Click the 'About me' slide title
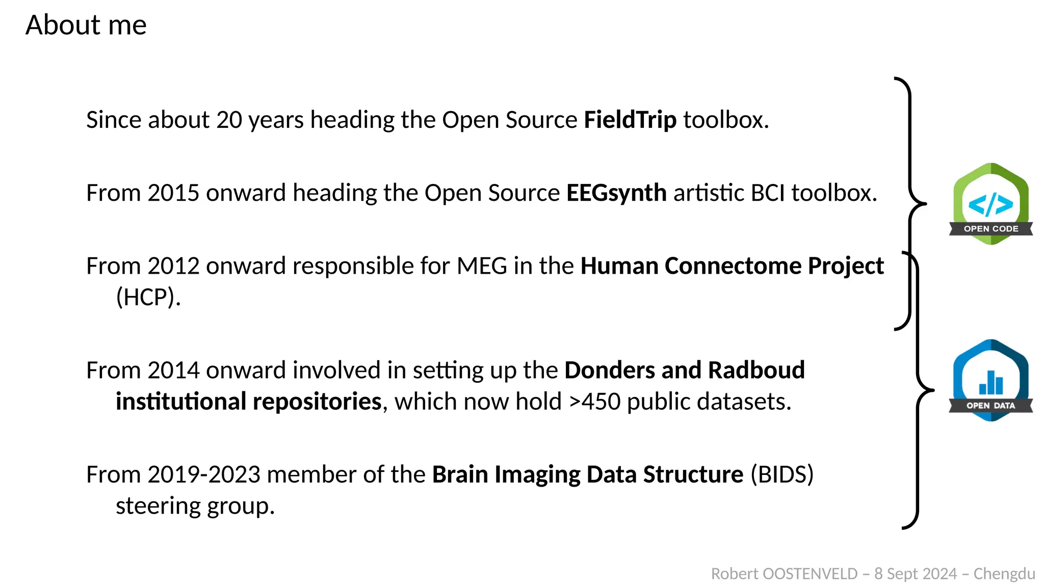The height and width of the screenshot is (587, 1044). (86, 25)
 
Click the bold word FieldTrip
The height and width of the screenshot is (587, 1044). (630, 120)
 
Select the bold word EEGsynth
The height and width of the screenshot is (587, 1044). (616, 193)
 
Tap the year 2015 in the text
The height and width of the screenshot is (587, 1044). (173, 193)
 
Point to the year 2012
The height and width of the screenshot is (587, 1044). (173, 266)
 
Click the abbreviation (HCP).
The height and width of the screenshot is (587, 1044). (148, 297)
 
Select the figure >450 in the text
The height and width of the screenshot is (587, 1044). (595, 402)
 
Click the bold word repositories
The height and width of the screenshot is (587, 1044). (317, 402)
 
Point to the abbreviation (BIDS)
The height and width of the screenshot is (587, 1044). (782, 474)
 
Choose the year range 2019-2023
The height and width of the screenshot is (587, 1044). (204, 474)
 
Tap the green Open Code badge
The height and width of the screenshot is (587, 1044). (990, 204)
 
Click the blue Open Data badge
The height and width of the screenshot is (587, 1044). (990, 380)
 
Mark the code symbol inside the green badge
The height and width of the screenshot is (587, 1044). (990, 204)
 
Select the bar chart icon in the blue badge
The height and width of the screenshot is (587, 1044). (990, 383)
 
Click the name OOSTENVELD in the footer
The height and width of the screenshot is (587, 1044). (810, 574)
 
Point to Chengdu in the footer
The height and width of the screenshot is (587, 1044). (1004, 574)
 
